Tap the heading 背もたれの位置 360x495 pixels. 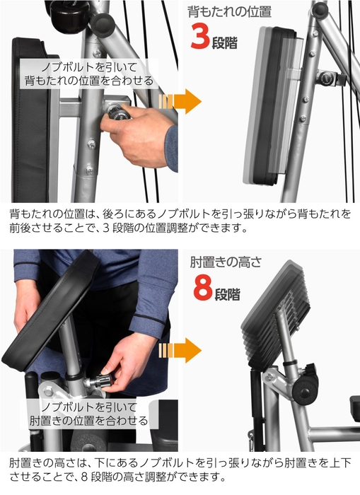click(x=229, y=12)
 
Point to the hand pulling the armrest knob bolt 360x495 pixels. click(x=131, y=361)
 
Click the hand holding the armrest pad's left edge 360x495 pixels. click(x=26, y=304)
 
